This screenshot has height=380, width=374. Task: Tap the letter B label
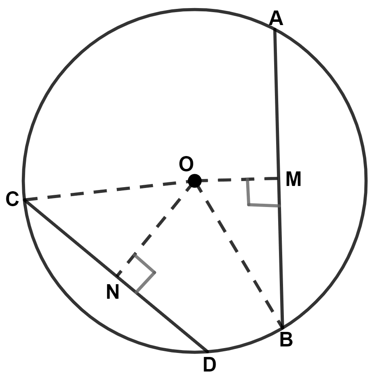[x=286, y=340]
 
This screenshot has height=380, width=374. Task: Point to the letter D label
[x=209, y=365]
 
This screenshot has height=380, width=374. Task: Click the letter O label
[x=186, y=165]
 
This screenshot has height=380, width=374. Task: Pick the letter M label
[x=294, y=180]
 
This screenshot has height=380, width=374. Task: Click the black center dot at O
[x=195, y=181]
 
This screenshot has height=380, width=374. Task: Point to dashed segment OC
[x=109, y=190]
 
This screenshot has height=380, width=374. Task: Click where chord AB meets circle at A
[x=275, y=29]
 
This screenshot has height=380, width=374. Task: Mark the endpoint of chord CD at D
[x=207, y=351]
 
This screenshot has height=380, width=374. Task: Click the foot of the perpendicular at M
[x=278, y=178]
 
